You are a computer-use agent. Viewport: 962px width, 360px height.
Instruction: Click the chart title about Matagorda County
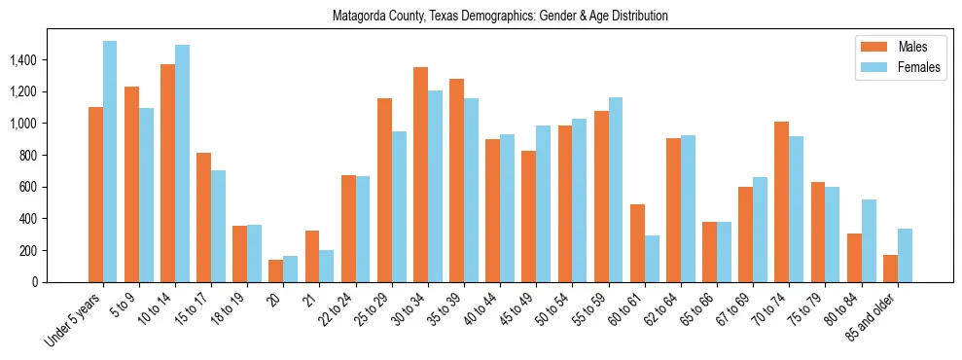tap(500, 17)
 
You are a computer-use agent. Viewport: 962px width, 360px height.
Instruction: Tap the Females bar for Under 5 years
tap(110, 162)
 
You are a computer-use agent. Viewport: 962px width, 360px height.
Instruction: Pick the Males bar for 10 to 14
tap(167, 173)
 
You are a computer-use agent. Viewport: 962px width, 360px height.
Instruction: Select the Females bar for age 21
tap(327, 266)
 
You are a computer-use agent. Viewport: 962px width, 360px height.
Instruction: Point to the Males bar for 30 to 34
tap(420, 174)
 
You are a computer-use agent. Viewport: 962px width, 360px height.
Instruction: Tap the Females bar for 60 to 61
tap(652, 259)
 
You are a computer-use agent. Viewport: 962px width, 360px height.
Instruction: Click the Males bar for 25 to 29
tap(384, 190)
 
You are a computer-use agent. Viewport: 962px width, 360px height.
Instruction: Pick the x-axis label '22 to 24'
tap(341, 313)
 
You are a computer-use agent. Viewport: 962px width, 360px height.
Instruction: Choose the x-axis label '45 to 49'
tap(521, 313)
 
